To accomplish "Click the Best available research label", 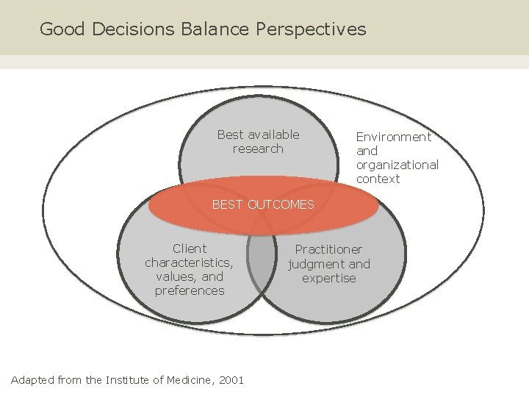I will click(258, 142).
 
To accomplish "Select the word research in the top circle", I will click(258, 149).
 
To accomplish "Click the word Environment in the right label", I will click(394, 137).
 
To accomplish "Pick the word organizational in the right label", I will click(397, 165).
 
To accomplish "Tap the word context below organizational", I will click(378, 179).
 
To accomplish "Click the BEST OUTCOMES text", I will click(263, 204).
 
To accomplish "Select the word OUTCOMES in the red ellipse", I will click(281, 204).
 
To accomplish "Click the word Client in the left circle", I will click(190, 248).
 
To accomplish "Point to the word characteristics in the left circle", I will click(189, 262).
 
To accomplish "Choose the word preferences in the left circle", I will click(190, 290).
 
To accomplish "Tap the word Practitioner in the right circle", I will click(328, 250).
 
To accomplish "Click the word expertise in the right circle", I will click(328, 278).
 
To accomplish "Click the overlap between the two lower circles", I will click(260, 265).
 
